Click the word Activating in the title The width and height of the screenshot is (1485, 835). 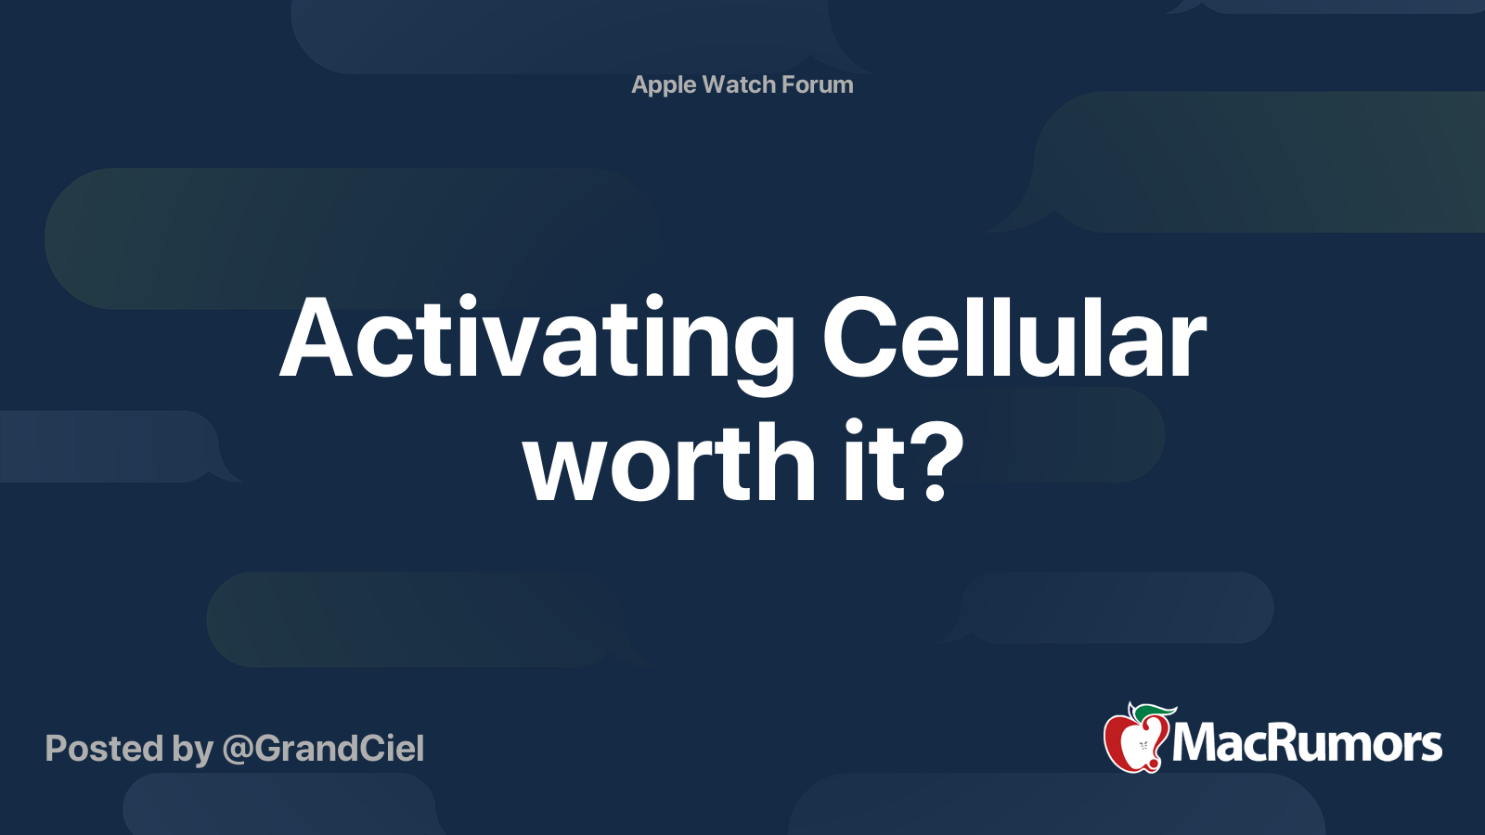[536, 340]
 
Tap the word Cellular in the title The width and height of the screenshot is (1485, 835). [1014, 340]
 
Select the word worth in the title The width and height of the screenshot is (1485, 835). [669, 462]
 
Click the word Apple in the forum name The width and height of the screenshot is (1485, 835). [664, 85]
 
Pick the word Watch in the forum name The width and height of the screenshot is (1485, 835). [739, 84]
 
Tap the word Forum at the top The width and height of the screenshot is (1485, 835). [817, 84]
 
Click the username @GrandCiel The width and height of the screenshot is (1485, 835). [323, 749]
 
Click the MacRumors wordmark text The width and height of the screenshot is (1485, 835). [1307, 744]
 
